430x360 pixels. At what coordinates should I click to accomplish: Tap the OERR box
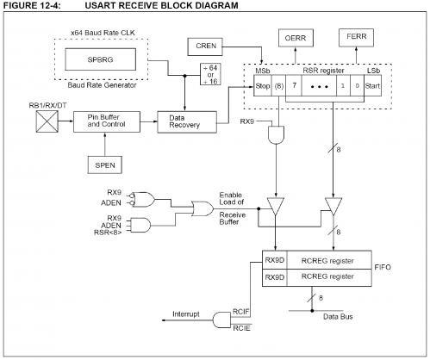pos(293,38)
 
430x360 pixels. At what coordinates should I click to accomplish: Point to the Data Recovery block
pos(184,121)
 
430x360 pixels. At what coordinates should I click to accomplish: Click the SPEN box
pos(106,161)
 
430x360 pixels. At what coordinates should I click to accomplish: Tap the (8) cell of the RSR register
pos(279,87)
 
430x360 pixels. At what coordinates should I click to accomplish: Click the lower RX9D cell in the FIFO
pos(275,278)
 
